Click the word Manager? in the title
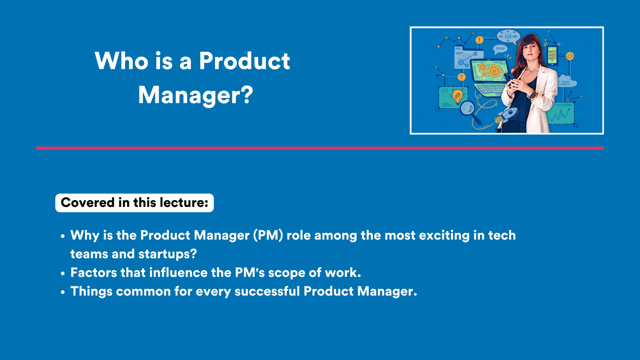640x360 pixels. coord(195,95)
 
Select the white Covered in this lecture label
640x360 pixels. coord(134,203)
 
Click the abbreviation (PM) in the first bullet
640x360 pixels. coord(268,235)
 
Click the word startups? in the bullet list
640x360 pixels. coord(167,254)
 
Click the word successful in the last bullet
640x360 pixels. coord(267,291)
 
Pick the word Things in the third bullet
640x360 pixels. coord(91,292)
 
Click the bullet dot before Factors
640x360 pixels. coord(63,273)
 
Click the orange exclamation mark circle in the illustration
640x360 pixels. coord(479,40)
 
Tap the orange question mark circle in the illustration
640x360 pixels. coord(461,77)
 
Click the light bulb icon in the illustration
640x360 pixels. coord(457,96)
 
